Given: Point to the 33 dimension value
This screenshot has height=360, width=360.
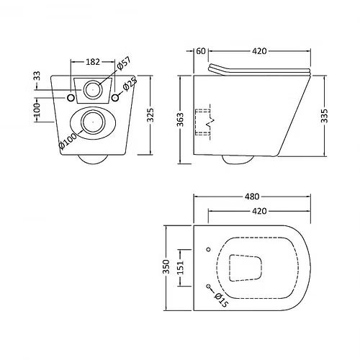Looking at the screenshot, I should (37, 76).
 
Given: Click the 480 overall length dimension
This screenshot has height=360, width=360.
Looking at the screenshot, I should (251, 197).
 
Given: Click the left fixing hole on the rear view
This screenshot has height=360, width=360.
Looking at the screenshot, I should (70, 97).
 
